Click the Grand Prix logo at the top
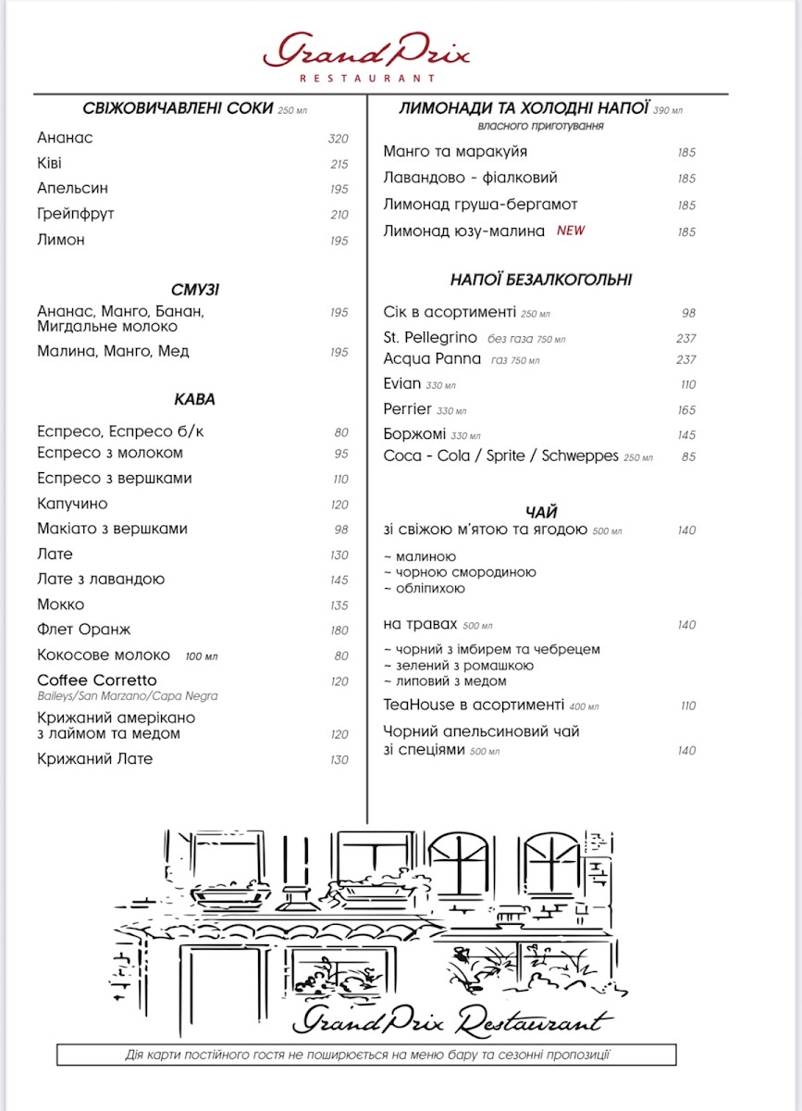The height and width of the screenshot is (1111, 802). (x=367, y=56)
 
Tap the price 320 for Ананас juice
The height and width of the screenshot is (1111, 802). (x=338, y=139)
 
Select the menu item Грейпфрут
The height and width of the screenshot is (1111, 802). (x=76, y=214)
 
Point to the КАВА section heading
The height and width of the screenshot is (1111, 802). (x=194, y=399)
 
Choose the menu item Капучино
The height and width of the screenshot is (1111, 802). (x=72, y=504)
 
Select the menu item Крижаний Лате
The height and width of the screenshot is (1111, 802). (x=94, y=759)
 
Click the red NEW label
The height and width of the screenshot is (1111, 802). (x=571, y=231)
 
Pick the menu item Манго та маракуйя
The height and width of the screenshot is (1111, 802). (x=455, y=152)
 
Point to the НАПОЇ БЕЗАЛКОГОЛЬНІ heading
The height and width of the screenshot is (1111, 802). (x=541, y=280)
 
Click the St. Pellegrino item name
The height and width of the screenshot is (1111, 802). (x=430, y=337)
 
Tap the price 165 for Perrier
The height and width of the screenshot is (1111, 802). (x=686, y=410)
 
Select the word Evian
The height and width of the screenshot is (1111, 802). (x=401, y=383)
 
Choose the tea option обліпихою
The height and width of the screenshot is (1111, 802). (x=429, y=589)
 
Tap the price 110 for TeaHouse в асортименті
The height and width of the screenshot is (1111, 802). (x=687, y=705)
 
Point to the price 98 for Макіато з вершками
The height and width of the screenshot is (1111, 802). (x=341, y=530)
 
